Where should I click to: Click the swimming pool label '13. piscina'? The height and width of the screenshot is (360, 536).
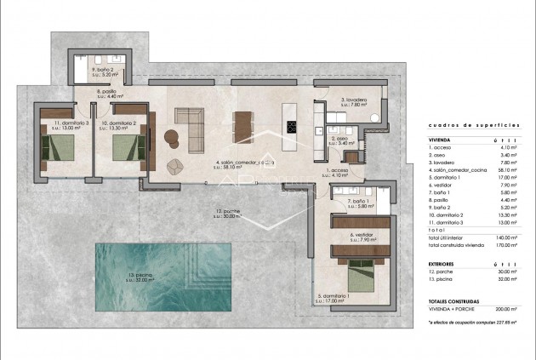click(x=140, y=276)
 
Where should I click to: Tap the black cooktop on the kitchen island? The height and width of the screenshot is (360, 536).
click(x=292, y=128)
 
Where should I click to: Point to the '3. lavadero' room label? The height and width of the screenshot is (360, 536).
click(x=353, y=100)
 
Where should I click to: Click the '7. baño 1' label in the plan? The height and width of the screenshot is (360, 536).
click(x=362, y=203)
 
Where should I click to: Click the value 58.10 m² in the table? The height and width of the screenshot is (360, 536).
click(x=509, y=170)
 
